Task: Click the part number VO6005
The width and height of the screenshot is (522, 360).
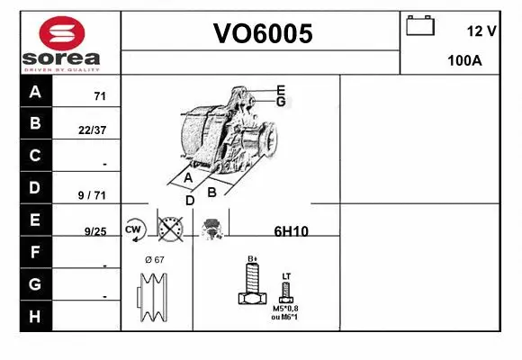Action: pos(262,34)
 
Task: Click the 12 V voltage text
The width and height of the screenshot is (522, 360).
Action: pos(481,31)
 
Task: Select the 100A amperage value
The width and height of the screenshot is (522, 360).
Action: pos(465,62)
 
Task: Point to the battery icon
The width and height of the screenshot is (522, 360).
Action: pos(420,25)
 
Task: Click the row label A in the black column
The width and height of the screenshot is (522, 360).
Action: pos(35,92)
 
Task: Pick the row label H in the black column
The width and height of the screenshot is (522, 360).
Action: pos(35,316)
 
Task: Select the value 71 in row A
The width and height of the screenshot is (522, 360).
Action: pos(100,96)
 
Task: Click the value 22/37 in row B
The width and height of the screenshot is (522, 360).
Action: pos(93,130)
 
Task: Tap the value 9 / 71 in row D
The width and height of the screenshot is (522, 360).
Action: pos(93,194)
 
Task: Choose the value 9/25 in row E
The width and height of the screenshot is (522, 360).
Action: pos(94,231)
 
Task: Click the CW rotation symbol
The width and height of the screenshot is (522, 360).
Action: pos(135,229)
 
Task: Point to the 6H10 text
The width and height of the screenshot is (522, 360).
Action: pos(291,231)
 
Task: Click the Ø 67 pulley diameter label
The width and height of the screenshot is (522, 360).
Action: pos(154,259)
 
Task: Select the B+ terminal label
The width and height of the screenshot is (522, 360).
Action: pos(253,259)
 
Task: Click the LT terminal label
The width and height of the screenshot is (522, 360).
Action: pos(286,275)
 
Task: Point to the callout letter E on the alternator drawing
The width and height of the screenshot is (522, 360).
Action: pos(281,90)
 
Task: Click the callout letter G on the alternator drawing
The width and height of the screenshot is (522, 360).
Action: pos(281,102)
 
